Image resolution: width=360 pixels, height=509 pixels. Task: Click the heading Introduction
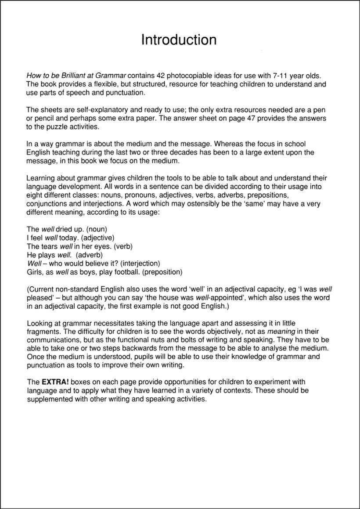click(x=179, y=40)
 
